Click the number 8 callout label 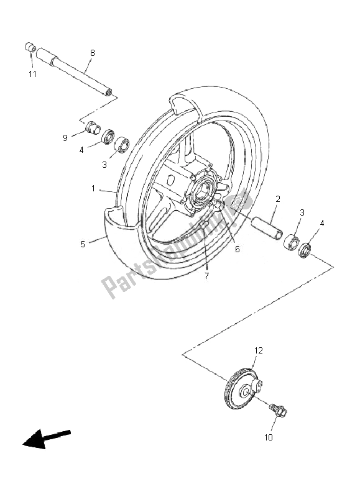point(92,53)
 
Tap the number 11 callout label point(32,74)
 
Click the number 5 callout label point(83,245)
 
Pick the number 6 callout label point(237,250)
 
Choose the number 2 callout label point(277,199)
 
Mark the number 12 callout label point(258,351)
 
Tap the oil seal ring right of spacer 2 point(305,252)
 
